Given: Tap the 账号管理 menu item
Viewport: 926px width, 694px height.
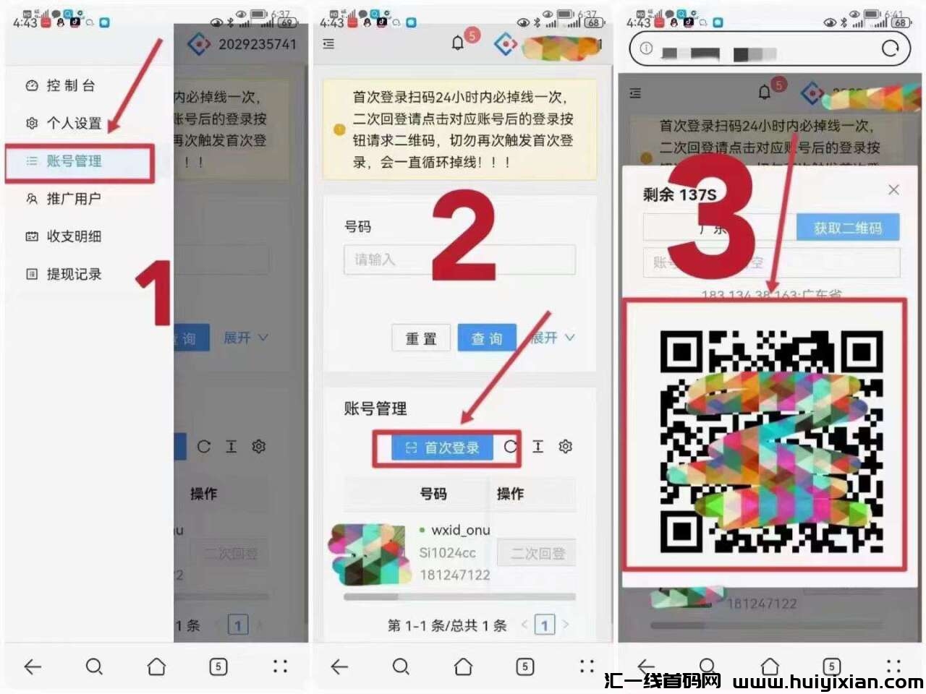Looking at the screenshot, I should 74,161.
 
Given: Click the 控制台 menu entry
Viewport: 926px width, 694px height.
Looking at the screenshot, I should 70,85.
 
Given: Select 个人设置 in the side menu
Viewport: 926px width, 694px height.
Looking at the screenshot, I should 74,123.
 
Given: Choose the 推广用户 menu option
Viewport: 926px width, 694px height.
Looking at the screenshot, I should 73,199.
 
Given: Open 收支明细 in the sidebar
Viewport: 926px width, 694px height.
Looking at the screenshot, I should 74,236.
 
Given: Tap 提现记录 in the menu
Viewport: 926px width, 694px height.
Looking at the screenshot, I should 74,274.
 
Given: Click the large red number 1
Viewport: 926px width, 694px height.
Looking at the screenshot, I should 155,293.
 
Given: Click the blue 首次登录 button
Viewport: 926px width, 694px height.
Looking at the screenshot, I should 442,447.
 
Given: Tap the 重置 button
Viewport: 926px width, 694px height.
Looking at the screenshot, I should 421,338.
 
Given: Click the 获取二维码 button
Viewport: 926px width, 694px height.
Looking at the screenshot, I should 847,228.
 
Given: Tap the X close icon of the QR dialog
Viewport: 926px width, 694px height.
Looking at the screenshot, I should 893,189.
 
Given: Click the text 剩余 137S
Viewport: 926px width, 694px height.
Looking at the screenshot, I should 679,194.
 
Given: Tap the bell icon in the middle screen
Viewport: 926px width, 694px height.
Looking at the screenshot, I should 458,43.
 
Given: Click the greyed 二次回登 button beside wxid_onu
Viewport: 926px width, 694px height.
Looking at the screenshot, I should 537,554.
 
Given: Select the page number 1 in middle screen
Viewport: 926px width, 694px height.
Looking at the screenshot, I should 544,625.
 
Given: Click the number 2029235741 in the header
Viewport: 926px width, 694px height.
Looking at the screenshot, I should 257,44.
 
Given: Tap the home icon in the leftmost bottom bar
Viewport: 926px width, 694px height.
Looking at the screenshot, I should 156,666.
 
